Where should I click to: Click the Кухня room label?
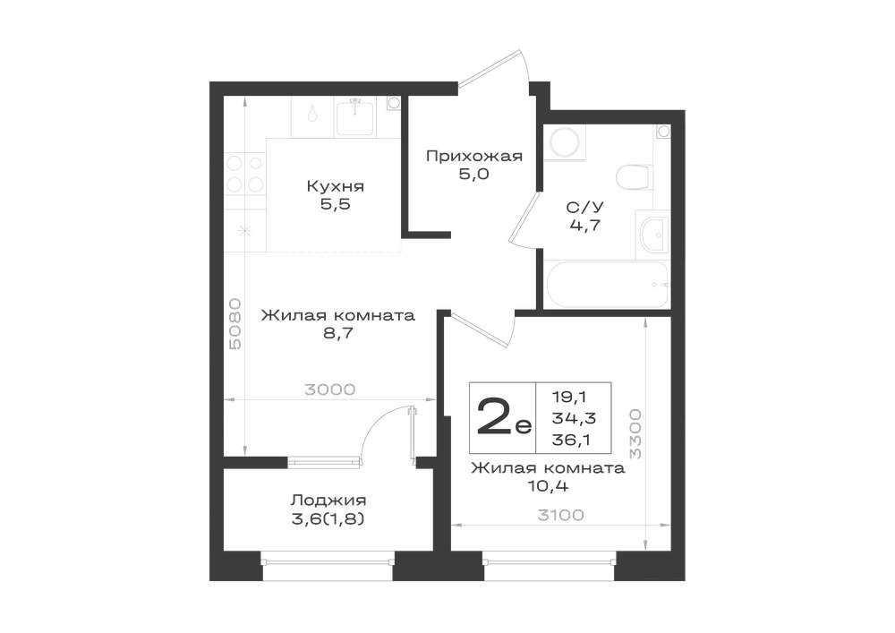coord(335,186)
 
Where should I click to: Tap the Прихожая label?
coord(474,156)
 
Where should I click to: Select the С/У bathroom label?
coord(585,207)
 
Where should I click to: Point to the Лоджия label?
coord(328,500)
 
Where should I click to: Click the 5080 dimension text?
coord(234,323)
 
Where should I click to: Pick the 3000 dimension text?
coord(330,389)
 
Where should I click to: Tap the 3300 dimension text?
coord(635,434)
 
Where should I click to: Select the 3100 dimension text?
coord(561,515)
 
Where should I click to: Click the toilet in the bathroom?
coord(635,176)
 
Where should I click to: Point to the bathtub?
coord(607,284)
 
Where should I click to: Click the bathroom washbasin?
coord(653,235)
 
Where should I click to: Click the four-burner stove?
coord(244,174)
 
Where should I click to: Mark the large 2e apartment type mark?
coord(503,417)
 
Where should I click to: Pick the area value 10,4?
coord(549,486)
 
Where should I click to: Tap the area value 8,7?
coord(338,333)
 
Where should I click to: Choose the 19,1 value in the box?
coord(569,396)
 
